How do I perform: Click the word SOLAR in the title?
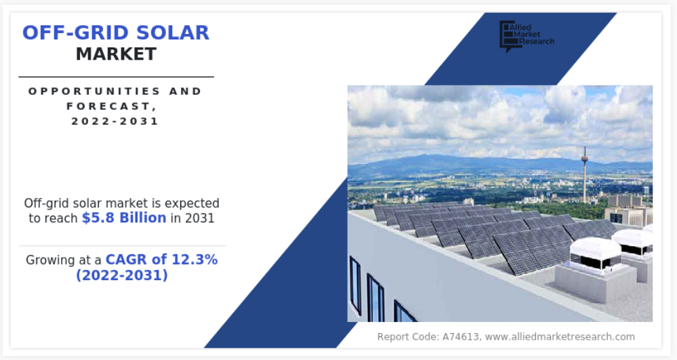[x=172, y=33]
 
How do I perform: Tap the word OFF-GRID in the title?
[x=75, y=33]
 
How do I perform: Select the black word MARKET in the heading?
[x=116, y=54]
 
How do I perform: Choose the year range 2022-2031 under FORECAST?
[x=115, y=121]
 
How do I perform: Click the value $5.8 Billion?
[x=124, y=218]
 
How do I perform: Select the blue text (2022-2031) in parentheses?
[x=122, y=275]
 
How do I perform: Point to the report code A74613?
[x=460, y=337]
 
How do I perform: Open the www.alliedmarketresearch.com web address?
[x=560, y=337]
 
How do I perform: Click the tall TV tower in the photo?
[x=585, y=175]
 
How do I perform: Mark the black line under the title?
[x=116, y=77]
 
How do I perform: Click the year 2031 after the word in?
[x=199, y=218]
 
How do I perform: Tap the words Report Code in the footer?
[x=407, y=337]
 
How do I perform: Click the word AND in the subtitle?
[x=186, y=92]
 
